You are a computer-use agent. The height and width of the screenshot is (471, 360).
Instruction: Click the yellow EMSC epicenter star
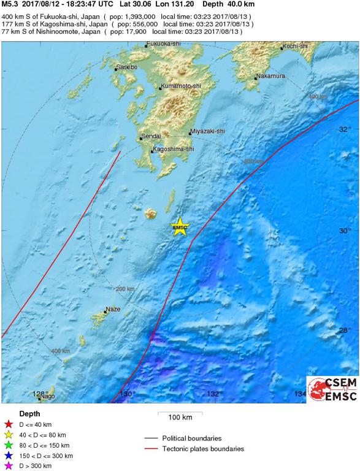tap(180, 228)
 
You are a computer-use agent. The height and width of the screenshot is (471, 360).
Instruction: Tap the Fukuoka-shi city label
tap(163, 45)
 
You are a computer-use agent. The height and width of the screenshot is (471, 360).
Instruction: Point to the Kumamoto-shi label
tap(180, 87)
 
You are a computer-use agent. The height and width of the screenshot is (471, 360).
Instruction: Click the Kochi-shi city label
tap(294, 47)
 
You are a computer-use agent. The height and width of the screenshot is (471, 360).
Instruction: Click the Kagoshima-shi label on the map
tap(172, 149)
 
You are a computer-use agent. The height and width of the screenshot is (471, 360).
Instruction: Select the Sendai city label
tap(151, 136)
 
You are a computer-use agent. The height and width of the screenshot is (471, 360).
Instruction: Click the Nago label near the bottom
tap(47, 397)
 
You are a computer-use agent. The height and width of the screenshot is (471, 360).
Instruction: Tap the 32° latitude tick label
tap(345, 129)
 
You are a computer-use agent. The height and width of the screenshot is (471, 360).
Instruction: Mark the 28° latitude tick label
tap(345, 331)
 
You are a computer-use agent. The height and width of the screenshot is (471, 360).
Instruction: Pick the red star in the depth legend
tap(9, 423)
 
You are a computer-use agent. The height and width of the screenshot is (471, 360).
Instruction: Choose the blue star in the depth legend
tap(9, 456)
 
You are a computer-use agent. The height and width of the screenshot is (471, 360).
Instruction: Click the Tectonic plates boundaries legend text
tap(202, 449)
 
